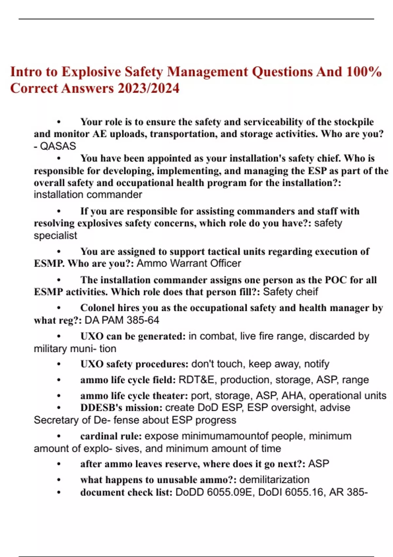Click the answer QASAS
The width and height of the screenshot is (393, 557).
[58, 146]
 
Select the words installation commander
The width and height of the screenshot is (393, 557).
[88, 195]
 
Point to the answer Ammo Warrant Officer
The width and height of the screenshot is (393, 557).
[189, 263]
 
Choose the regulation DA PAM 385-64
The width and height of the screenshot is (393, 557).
[122, 320]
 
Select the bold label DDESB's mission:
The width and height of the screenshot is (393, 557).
[121, 408]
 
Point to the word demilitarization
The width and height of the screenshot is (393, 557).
[274, 480]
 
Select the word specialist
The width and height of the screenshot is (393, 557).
[55, 236]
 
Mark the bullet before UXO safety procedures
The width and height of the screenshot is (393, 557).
[59, 364]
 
